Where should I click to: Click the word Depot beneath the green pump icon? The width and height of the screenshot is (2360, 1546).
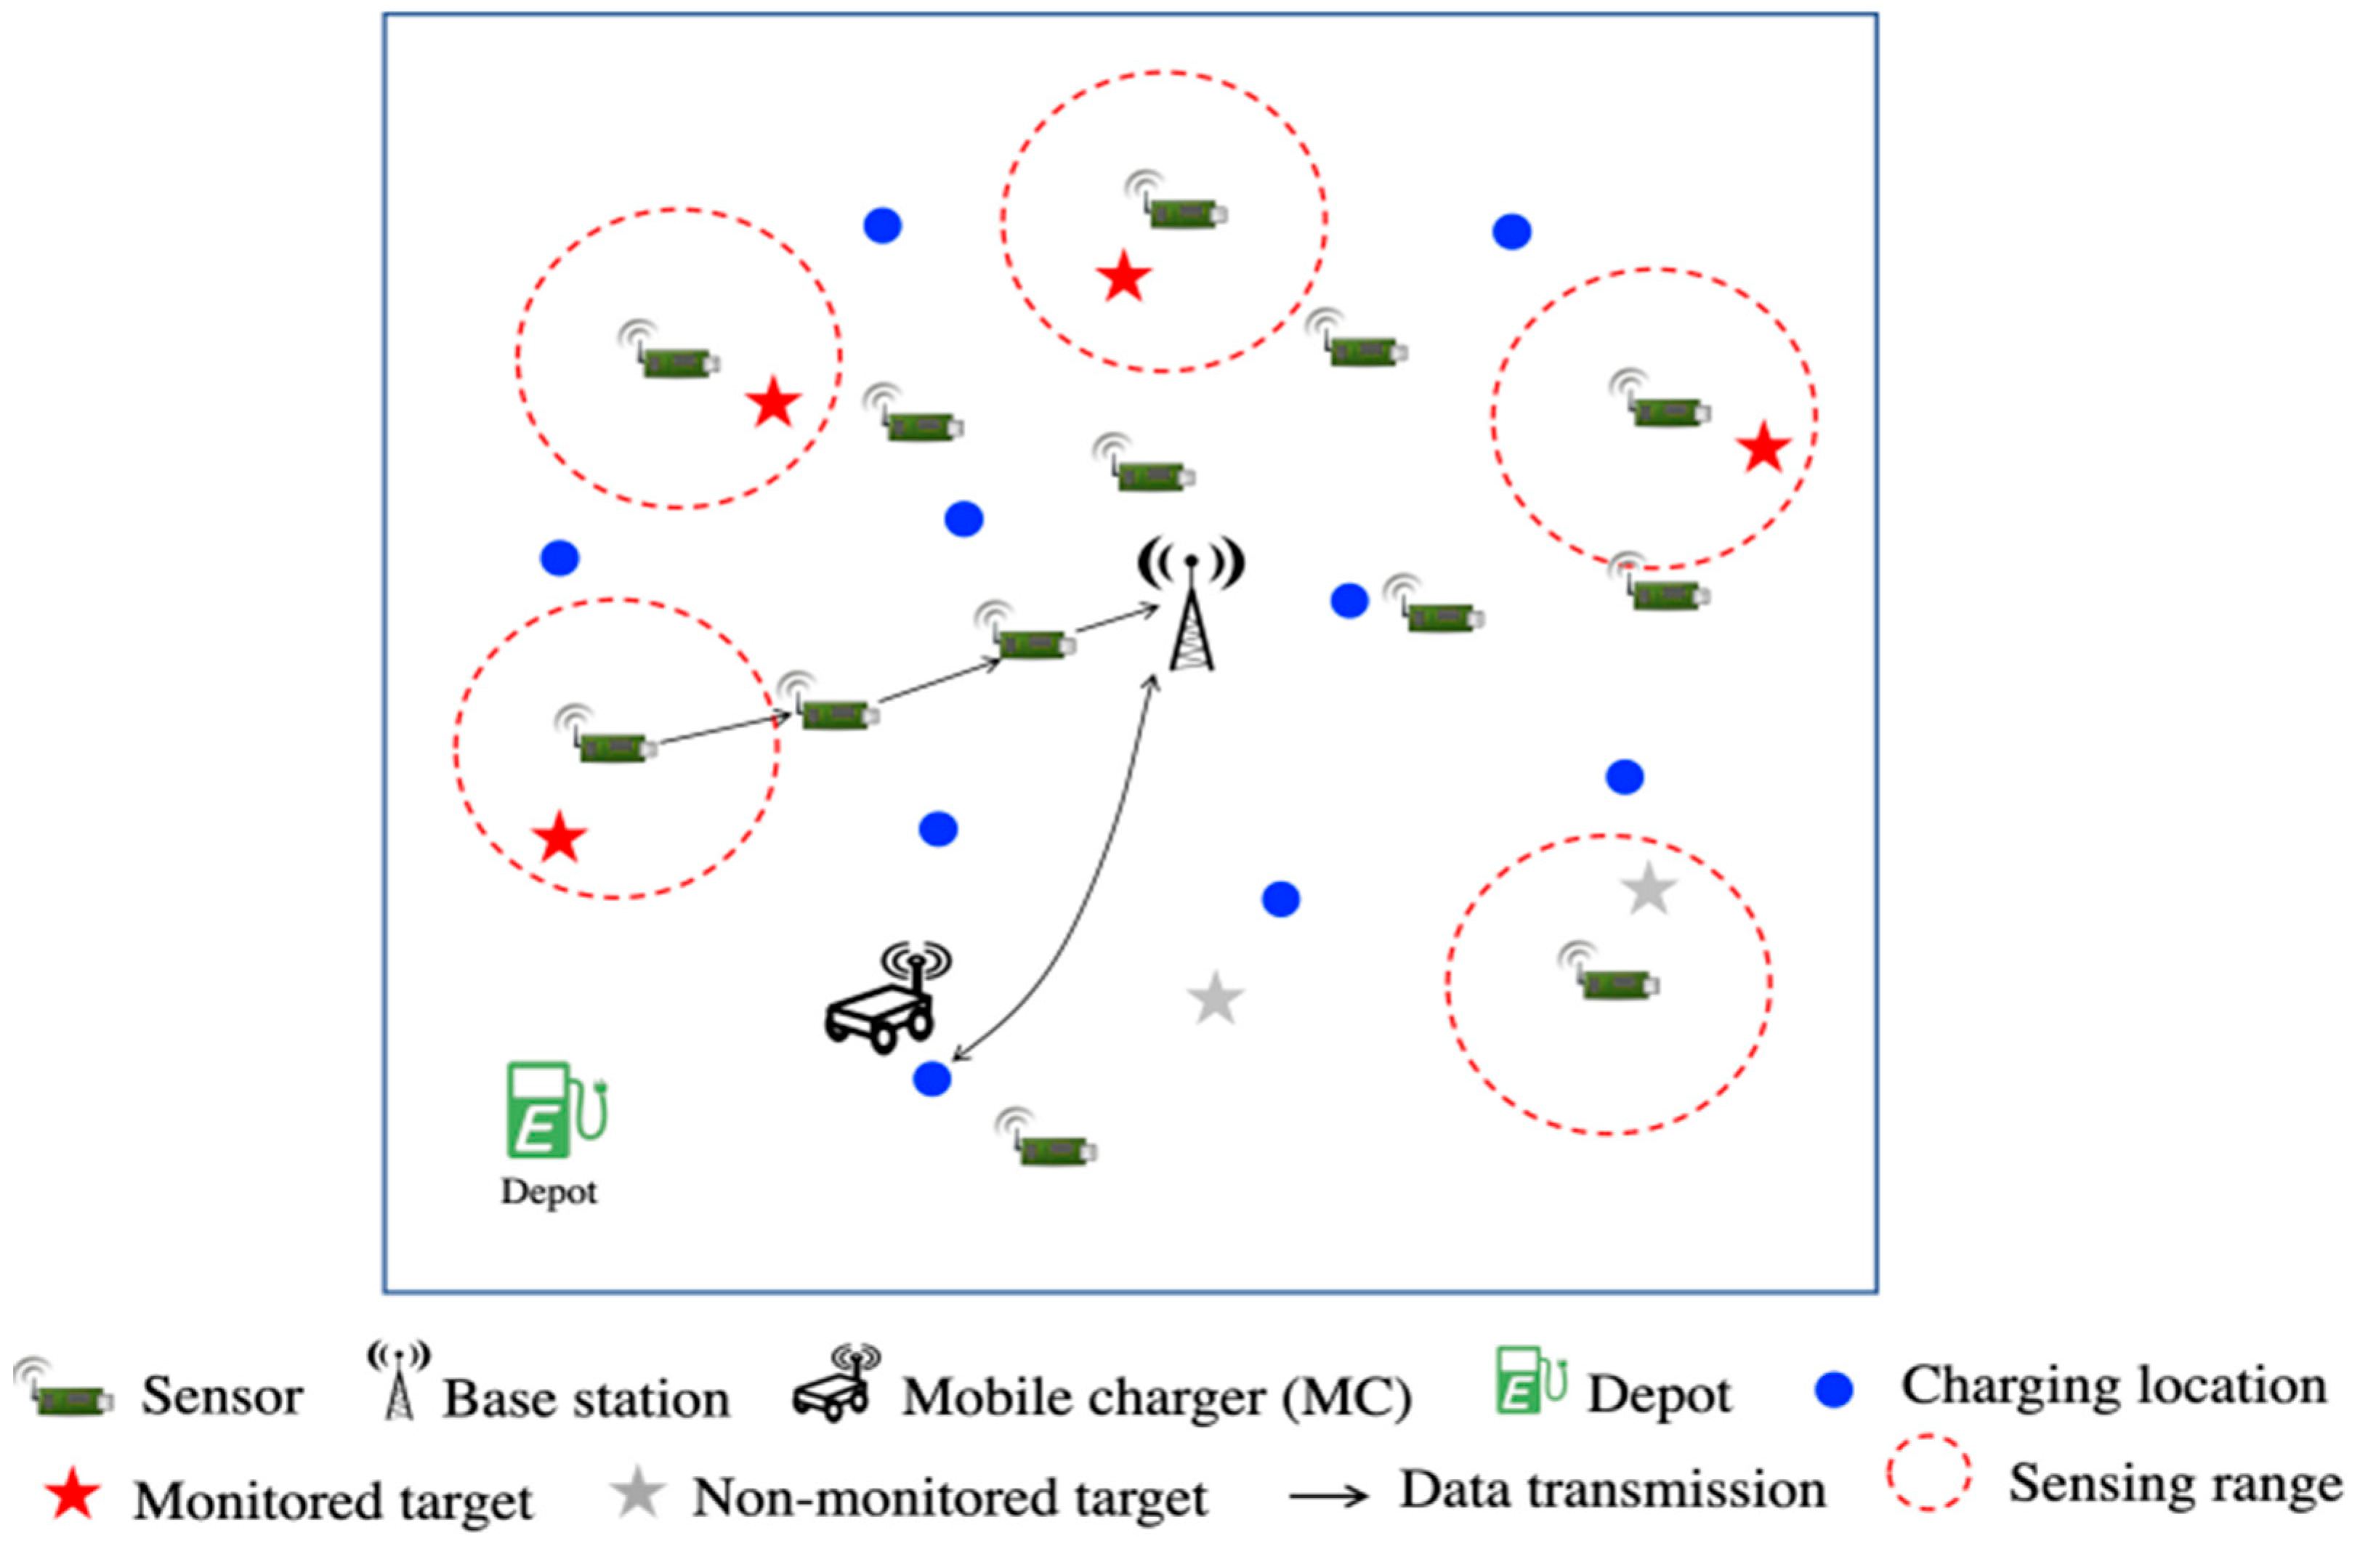(549, 1191)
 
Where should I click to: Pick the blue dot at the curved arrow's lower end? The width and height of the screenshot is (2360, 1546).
(931, 1078)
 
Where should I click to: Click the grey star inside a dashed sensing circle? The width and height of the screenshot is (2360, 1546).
(1648, 889)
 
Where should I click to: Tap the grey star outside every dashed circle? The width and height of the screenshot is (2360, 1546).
(1215, 999)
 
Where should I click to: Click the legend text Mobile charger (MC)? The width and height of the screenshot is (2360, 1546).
(1156, 1399)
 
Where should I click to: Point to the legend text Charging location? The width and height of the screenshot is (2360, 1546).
(2113, 1385)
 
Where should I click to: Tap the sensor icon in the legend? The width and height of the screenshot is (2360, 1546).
(65, 1394)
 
